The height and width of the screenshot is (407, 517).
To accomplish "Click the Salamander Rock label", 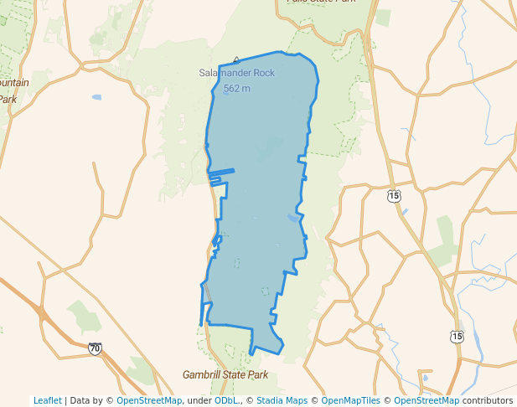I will click(x=236, y=74).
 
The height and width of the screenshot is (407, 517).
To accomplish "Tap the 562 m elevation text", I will click(x=236, y=88).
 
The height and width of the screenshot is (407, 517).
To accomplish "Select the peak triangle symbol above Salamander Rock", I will click(x=236, y=60).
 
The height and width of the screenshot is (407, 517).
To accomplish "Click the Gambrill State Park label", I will click(x=225, y=375).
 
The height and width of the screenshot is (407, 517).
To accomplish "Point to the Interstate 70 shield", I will click(x=95, y=348).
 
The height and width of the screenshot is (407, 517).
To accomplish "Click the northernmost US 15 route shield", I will click(x=394, y=195).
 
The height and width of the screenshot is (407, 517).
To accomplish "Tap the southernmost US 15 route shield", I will click(x=456, y=337).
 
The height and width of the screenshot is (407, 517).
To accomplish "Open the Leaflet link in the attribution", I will click(x=47, y=400).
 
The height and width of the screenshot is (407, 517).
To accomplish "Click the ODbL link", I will click(x=226, y=400).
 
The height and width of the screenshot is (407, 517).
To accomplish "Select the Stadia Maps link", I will click(x=282, y=400).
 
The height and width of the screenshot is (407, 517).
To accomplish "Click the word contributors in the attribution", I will click(x=488, y=400).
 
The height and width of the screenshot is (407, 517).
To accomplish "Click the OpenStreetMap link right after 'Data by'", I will click(x=149, y=400).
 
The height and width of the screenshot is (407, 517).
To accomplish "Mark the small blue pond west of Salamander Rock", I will click(x=96, y=98).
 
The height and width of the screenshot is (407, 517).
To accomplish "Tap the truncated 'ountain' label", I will click(x=14, y=83).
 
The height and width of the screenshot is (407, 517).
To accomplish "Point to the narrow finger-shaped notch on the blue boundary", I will click(x=221, y=173).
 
